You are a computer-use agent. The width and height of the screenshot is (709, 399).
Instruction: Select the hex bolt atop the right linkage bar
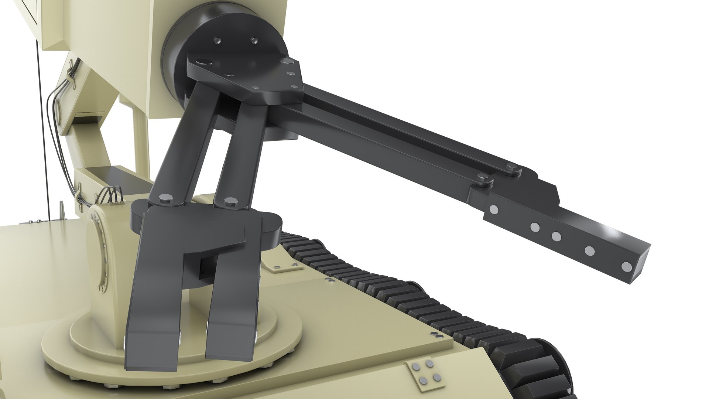[229, 201]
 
